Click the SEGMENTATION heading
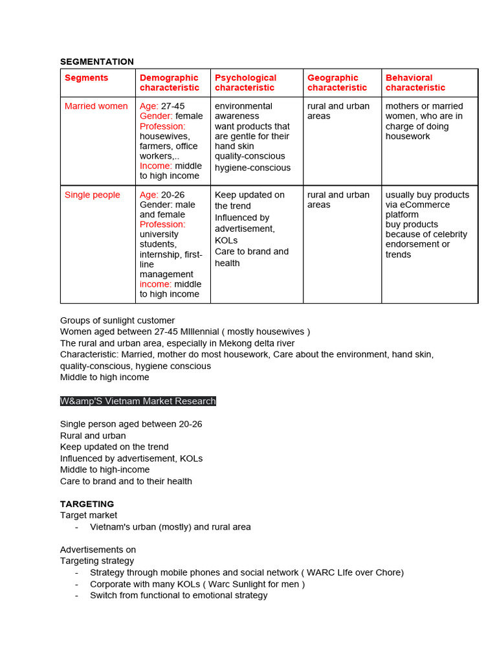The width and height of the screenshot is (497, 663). tap(97, 62)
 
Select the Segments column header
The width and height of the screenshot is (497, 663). tap(86, 78)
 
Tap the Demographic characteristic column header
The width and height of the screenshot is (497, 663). tap(170, 83)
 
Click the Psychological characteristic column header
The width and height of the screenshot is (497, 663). tap(245, 83)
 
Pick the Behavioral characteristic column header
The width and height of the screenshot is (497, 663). tap(415, 83)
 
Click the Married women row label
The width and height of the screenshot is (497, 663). tap(96, 106)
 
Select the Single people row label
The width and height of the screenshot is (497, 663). tap(93, 195)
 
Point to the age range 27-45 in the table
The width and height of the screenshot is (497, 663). tap(173, 106)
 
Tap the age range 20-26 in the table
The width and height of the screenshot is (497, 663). tap(173, 195)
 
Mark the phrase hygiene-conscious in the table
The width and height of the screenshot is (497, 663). tap(253, 168)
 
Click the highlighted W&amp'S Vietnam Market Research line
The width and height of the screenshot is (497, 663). tap(138, 401)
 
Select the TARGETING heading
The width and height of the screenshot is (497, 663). tap(87, 504)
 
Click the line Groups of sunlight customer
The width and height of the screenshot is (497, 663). tap(117, 320)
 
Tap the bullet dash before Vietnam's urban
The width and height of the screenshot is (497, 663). tap(77, 527)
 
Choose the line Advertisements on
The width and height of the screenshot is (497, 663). tap(98, 550)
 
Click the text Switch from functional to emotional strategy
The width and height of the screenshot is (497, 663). tap(179, 595)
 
